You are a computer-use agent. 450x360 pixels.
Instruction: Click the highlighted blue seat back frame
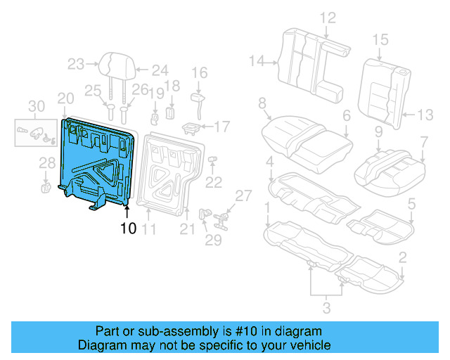(98, 162)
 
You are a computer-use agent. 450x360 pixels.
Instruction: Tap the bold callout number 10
(128, 228)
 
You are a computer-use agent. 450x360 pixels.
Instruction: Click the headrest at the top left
(116, 65)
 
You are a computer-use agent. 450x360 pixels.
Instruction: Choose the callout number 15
(380, 39)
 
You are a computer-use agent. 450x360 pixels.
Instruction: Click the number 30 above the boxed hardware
(35, 106)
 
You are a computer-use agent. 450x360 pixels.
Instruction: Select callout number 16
(200, 72)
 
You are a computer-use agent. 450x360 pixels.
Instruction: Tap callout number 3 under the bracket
(325, 306)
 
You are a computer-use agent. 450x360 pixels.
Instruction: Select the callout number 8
(262, 103)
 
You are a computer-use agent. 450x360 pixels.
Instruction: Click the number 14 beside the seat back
(257, 62)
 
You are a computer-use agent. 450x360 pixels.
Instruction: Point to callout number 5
(412, 204)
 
